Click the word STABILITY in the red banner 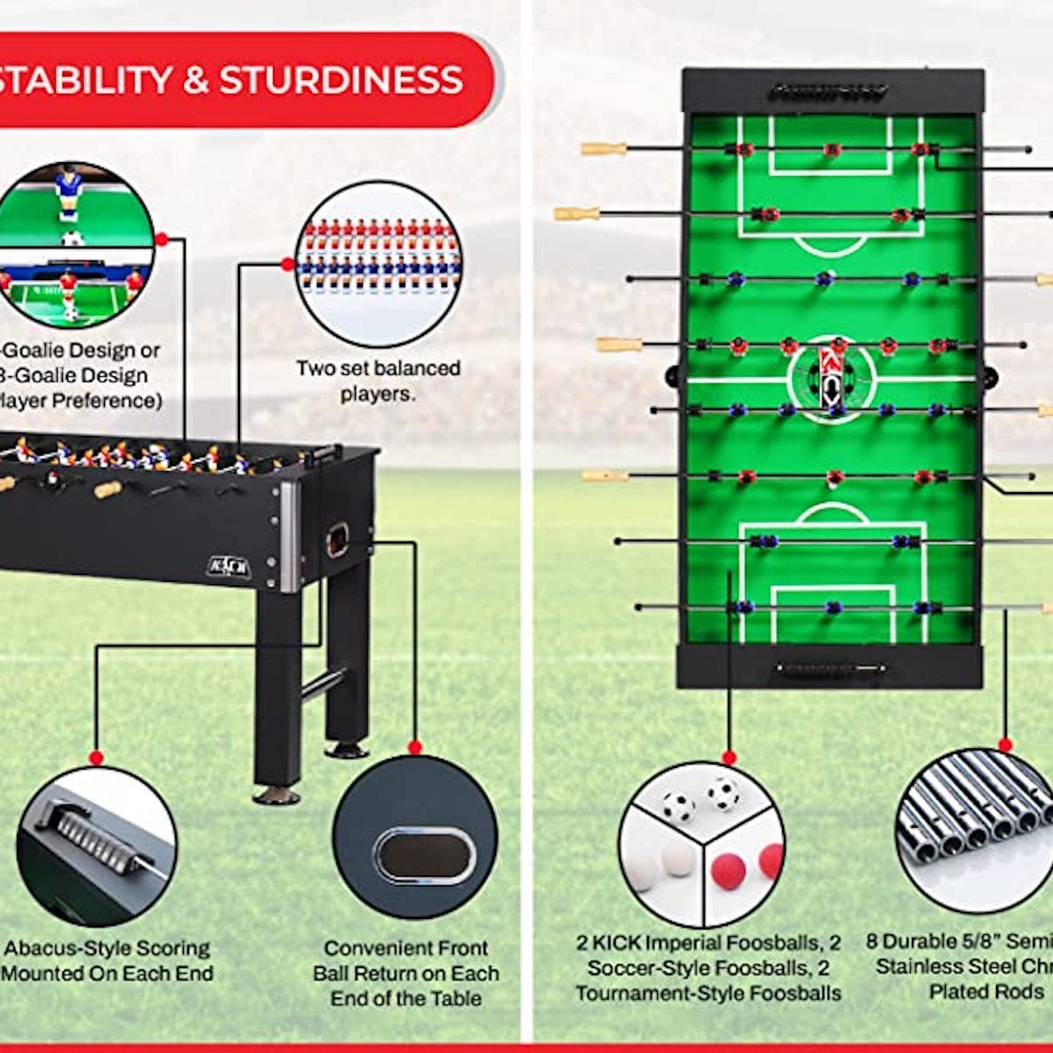[x=84, y=80]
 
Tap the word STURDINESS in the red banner [x=341, y=80]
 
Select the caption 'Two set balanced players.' [x=378, y=380]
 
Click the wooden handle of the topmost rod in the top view [x=604, y=149]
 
